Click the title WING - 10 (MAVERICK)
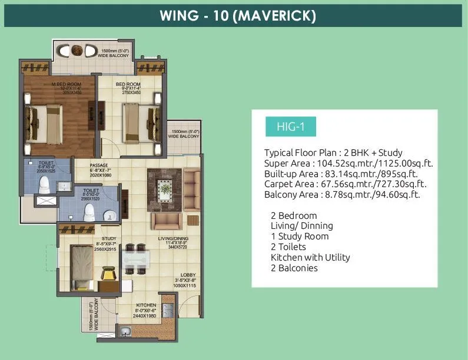click(238, 15)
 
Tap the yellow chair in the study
click(109, 274)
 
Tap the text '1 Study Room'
click(300, 236)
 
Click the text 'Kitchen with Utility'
click(310, 258)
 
